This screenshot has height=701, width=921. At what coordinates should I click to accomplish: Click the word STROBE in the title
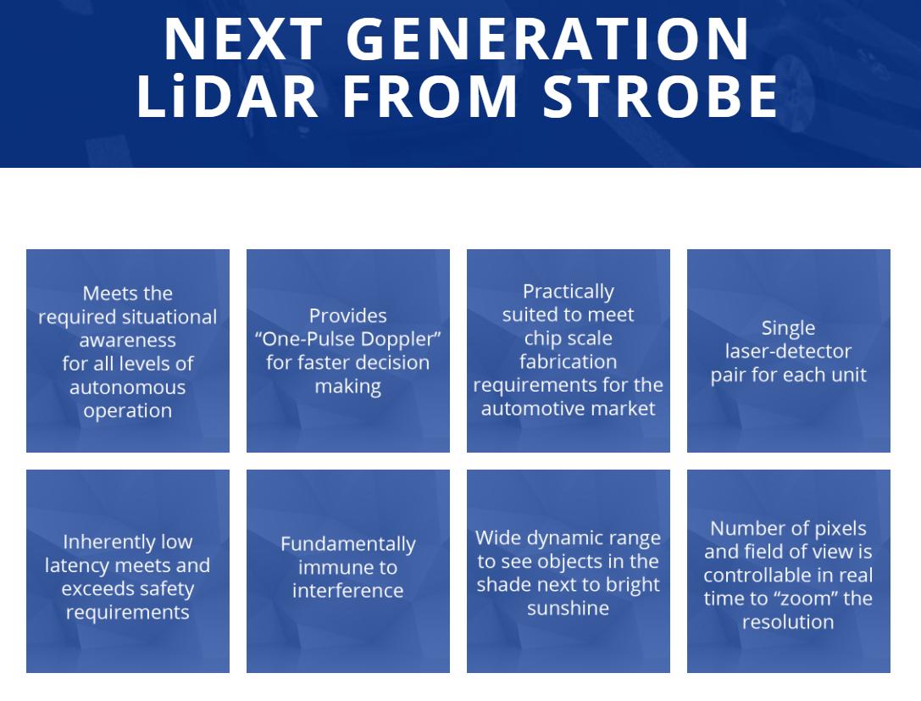(x=660, y=95)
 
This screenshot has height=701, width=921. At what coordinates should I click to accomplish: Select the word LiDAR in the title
(x=228, y=95)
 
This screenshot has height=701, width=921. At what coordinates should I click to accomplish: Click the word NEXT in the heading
(x=243, y=39)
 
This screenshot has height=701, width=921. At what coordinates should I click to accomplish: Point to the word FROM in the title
(x=430, y=95)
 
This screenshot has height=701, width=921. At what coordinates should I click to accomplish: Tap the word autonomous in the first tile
(x=127, y=387)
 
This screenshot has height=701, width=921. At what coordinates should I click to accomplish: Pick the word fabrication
(x=568, y=361)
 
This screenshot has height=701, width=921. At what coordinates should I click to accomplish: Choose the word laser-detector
(x=788, y=352)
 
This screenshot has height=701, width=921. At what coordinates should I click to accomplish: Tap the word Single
(x=788, y=328)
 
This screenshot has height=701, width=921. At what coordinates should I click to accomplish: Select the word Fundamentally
(x=347, y=544)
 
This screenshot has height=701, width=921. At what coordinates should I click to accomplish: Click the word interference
(x=347, y=591)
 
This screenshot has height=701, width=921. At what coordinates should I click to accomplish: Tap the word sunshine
(x=568, y=608)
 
